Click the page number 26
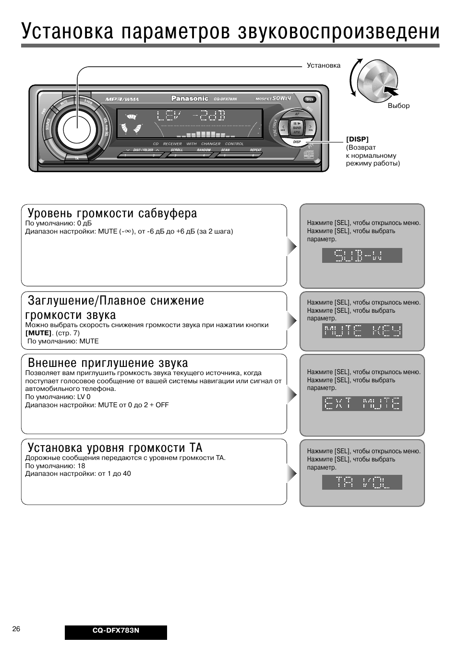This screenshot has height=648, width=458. (x=16, y=629)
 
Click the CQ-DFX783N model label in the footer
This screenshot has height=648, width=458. (x=116, y=631)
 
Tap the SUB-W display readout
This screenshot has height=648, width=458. (x=362, y=255)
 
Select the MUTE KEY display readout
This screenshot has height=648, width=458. (x=362, y=330)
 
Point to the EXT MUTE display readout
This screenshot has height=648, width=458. (x=362, y=403)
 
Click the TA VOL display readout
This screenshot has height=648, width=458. (x=362, y=482)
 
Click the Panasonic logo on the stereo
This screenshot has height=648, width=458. (x=190, y=98)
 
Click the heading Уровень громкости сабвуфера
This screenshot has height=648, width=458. (x=112, y=213)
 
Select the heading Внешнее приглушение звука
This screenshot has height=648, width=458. (x=108, y=363)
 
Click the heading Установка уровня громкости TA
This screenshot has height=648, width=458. (x=115, y=448)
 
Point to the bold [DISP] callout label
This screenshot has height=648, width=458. (x=357, y=139)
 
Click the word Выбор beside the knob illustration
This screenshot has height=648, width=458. (x=398, y=106)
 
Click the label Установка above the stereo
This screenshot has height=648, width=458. (x=323, y=65)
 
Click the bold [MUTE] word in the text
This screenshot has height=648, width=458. (x=38, y=333)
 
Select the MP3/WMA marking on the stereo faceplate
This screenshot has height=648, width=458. (x=122, y=99)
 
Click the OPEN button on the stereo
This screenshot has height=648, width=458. (x=310, y=99)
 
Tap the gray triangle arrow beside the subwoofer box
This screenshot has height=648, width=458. (x=291, y=247)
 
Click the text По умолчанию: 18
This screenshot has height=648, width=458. (x=55, y=465)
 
